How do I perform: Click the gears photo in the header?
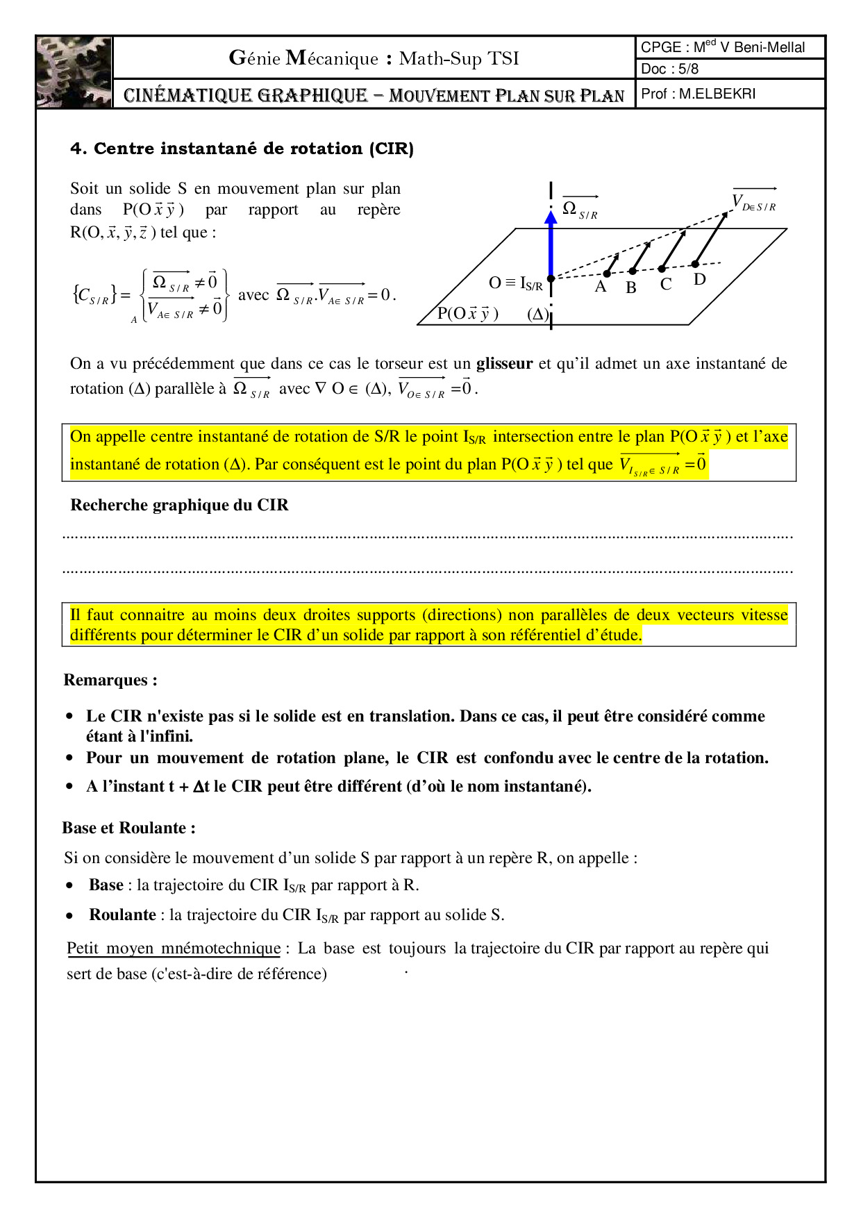tap(74, 72)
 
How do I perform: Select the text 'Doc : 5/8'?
tap(669, 69)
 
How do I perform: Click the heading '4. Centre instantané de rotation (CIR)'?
tap(242, 149)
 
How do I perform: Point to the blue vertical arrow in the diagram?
tap(551, 243)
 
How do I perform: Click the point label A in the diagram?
tap(601, 286)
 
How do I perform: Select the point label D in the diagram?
tap(699, 279)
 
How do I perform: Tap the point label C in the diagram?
tap(666, 284)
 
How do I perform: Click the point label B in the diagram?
tap(631, 287)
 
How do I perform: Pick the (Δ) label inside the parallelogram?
tap(538, 314)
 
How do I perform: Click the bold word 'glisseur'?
tap(504, 363)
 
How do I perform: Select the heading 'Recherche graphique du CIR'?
tap(179, 505)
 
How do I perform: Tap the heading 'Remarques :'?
tap(110, 680)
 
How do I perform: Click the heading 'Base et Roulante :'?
tap(128, 828)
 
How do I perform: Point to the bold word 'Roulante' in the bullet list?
tap(122, 915)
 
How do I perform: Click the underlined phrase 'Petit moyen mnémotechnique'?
tap(174, 948)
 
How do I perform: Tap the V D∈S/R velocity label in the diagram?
tap(754, 202)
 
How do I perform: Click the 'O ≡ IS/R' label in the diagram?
tap(515, 283)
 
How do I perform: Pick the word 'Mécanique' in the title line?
tap(332, 58)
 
